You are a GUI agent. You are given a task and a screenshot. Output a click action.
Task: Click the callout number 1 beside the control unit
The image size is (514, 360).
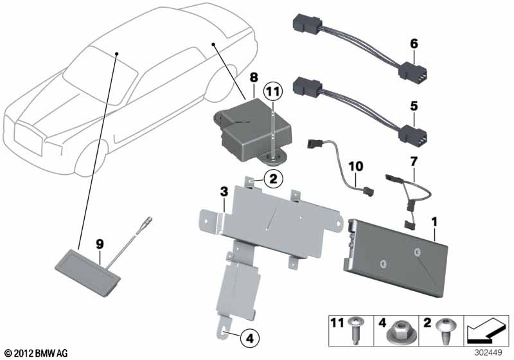pos(435,222)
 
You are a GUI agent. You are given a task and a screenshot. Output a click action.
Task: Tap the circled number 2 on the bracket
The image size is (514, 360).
pos(272,179)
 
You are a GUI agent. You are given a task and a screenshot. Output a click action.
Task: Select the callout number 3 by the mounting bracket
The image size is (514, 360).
pos(224,191)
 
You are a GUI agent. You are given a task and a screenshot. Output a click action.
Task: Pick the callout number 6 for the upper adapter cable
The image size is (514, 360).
pos(414,43)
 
